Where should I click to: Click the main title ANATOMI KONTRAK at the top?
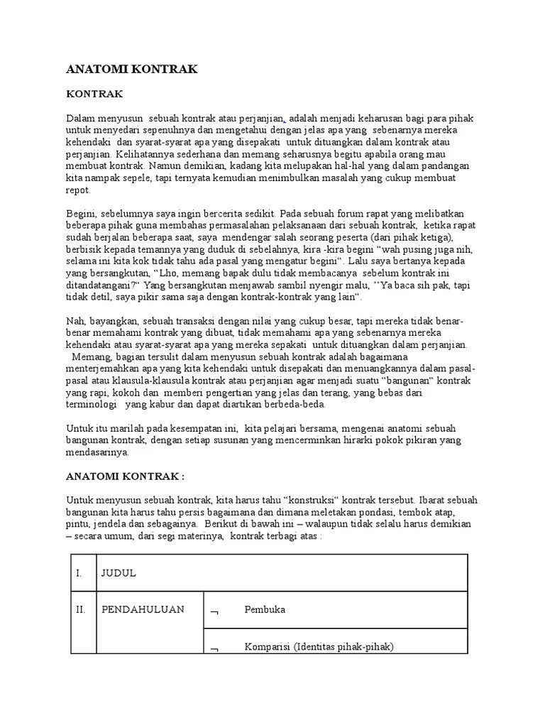(x=131, y=69)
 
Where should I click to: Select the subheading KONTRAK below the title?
(x=94, y=94)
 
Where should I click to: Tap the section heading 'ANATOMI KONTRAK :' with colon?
(x=125, y=475)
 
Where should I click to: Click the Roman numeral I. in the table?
(x=79, y=573)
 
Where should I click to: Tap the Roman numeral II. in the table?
(x=81, y=609)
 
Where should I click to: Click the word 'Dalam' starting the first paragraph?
(x=80, y=118)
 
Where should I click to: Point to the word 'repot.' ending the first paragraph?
(x=79, y=190)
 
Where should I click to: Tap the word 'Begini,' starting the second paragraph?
(x=83, y=214)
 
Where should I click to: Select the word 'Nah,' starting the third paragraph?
(x=77, y=322)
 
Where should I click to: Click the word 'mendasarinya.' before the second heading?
(x=98, y=452)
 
